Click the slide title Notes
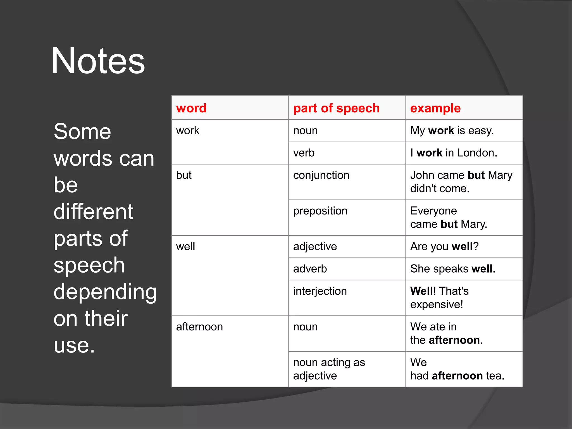pos(98,61)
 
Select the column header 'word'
pos(191,108)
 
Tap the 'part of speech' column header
pos(336,108)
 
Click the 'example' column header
pos(435,108)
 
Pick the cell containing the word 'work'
pos(188,131)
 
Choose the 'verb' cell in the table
pos(304,153)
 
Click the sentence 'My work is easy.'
pos(452,131)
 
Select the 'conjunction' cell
pos(321,175)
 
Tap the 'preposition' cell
pos(320,211)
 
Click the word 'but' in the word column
pos(184,175)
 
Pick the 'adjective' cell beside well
pos(315,247)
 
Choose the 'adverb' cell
pos(310,269)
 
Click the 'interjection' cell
pos(320,291)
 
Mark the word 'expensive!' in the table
pos(437,304)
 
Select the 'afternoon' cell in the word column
pos(199,327)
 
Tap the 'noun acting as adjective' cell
pos(329,369)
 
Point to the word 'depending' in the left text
pos(105,292)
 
